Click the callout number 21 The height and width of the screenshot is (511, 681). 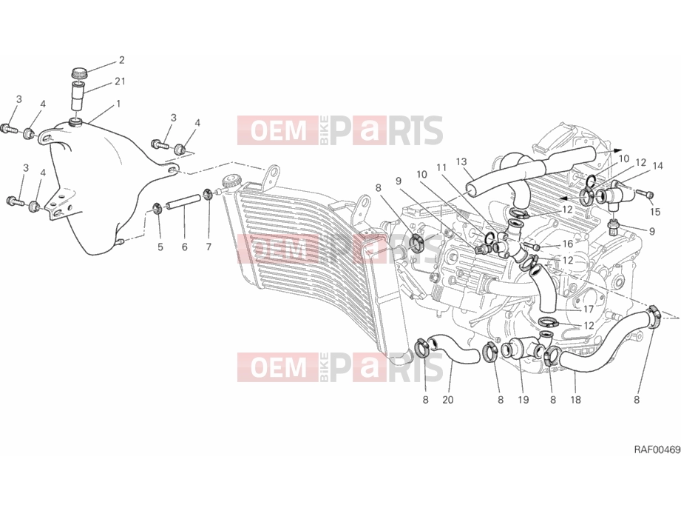point(121,81)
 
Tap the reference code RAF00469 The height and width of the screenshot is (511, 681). point(657,450)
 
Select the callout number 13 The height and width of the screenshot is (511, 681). point(461,161)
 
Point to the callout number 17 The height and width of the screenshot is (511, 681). point(588,310)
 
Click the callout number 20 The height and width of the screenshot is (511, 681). point(448,400)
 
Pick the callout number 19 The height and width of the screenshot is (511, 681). point(524,400)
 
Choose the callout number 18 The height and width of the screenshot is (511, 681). point(575,400)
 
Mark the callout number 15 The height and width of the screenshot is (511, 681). point(655,212)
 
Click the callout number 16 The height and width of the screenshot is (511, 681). point(568,244)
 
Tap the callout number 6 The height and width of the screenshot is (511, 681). point(185,247)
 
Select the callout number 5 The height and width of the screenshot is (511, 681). point(160,247)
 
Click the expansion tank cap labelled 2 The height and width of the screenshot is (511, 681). point(79,73)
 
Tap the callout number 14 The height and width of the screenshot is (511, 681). point(657,166)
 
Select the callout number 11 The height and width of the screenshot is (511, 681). point(441,167)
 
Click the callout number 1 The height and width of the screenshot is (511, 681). point(118,104)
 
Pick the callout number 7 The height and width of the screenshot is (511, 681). point(209,247)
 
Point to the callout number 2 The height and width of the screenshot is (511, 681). point(121,60)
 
